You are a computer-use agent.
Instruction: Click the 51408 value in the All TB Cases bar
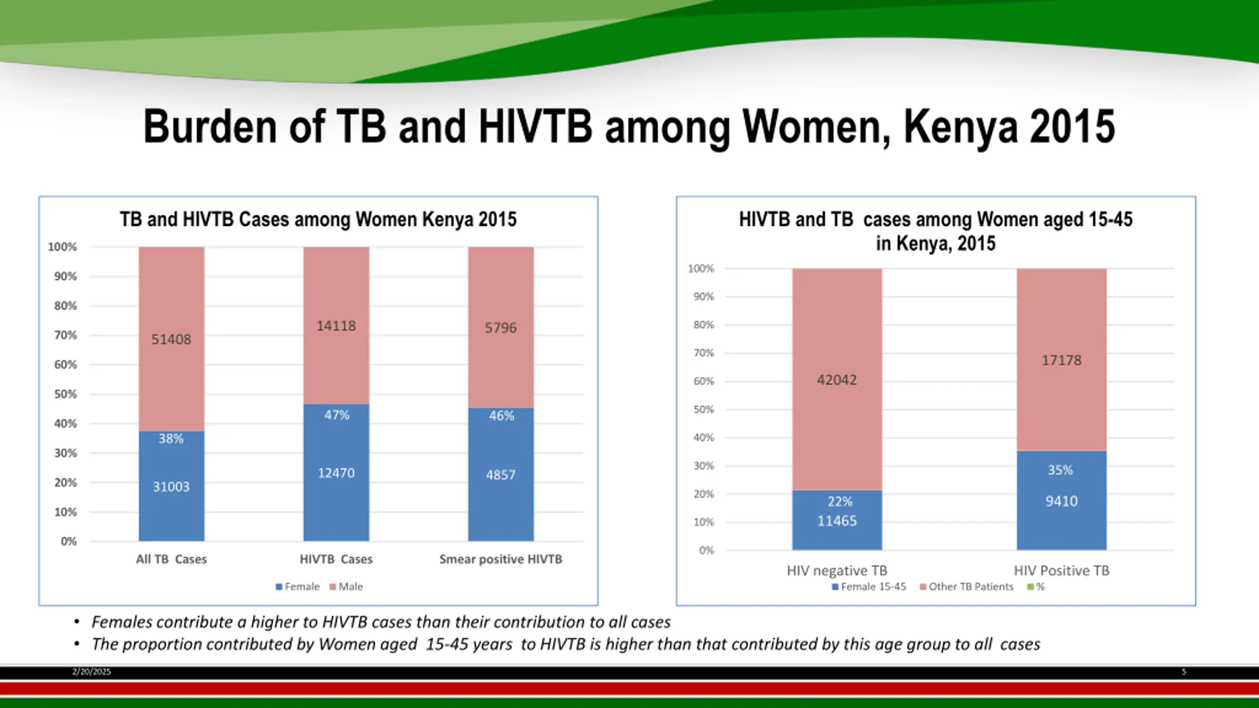pos(171,339)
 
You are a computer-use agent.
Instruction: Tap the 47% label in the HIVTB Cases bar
pos(336,415)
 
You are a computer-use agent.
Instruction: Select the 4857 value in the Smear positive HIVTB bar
pos(501,475)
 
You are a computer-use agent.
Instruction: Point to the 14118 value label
pos(336,326)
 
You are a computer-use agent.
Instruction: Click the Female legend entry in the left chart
pos(298,587)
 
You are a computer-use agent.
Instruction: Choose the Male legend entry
pos(346,587)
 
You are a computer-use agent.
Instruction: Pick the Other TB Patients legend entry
pos(966,587)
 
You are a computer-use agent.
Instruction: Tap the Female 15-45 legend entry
pos(869,587)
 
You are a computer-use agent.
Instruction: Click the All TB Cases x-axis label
pos(171,559)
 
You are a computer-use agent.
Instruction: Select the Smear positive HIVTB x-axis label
pos(501,559)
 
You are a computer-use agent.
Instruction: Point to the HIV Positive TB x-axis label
pos(1061,570)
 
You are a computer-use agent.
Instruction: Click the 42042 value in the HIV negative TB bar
pos(837,380)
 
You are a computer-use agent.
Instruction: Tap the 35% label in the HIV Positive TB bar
pos(1060,470)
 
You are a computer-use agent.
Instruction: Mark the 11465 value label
pos(837,521)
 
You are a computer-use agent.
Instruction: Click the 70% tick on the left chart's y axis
pos(65,335)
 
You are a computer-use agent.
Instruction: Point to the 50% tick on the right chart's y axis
pos(703,410)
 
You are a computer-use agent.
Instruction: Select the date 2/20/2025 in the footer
pos(91,672)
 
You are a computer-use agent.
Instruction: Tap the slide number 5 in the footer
pos(1184,672)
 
